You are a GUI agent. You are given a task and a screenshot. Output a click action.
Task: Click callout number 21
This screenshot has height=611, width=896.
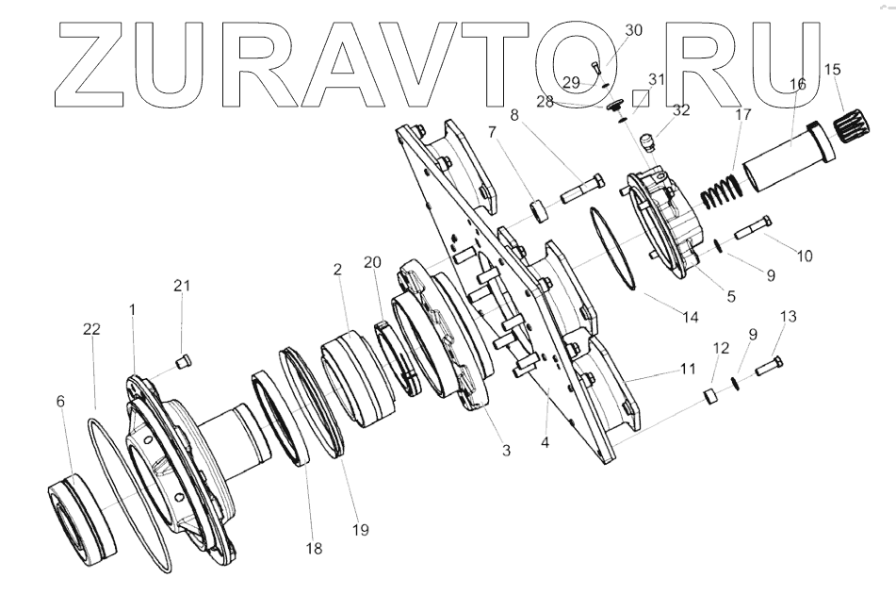(x=183, y=286)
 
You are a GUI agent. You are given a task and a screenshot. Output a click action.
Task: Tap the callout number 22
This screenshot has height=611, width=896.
(x=91, y=328)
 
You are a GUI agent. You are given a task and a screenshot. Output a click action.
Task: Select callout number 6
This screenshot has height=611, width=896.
(x=61, y=401)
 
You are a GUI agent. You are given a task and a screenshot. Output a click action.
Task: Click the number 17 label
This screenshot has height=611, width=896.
(x=743, y=115)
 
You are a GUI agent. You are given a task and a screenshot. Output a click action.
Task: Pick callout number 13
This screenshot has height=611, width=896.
(x=788, y=317)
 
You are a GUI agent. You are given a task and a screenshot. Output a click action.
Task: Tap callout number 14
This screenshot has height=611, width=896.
(x=691, y=318)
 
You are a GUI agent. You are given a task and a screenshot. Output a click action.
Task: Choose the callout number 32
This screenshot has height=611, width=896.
(x=680, y=109)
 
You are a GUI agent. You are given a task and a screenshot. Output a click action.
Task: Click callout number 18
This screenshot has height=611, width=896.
(x=314, y=547)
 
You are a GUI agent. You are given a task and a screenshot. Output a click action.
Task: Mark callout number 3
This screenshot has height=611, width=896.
(x=506, y=451)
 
